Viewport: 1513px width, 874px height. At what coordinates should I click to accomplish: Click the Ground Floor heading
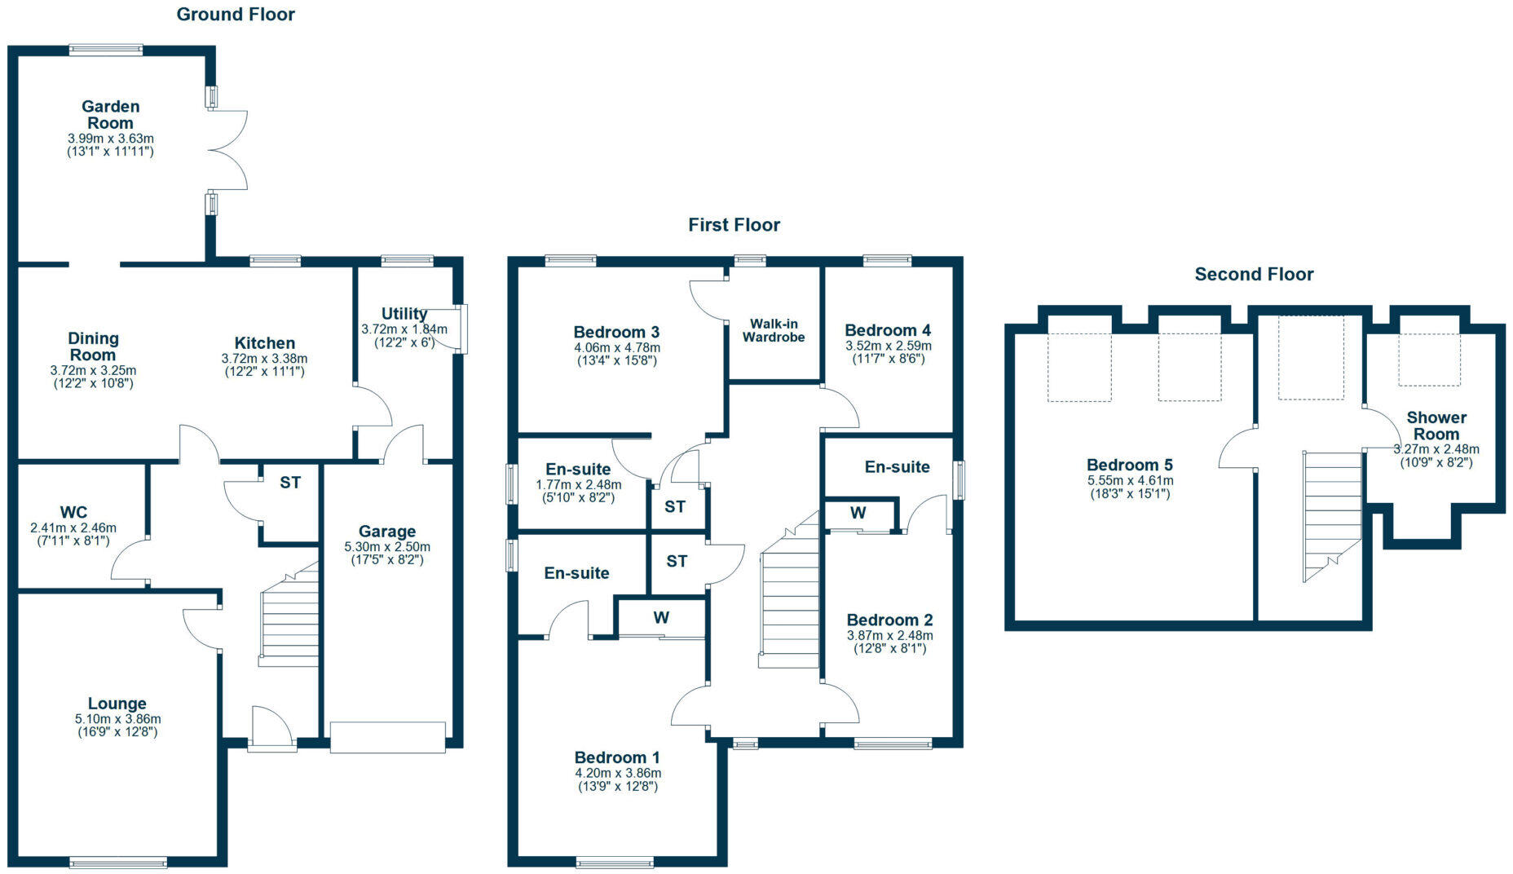tap(236, 14)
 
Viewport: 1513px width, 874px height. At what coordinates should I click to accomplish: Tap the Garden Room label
tap(110, 114)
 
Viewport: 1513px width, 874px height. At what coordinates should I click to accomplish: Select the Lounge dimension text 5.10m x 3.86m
tap(117, 719)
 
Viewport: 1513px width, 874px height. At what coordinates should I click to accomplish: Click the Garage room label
tap(387, 531)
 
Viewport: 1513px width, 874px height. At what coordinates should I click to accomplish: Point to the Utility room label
tap(404, 313)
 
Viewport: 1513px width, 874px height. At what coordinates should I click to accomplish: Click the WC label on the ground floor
tap(73, 512)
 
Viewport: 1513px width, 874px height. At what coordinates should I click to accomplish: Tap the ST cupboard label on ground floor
tap(290, 482)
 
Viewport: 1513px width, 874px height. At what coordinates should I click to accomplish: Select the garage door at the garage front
tap(387, 737)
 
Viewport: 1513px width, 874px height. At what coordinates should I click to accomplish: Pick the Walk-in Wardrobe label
tap(773, 330)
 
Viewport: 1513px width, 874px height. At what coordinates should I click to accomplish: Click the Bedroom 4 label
tap(888, 330)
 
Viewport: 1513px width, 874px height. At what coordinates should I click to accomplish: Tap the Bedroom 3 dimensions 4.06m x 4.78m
tap(616, 347)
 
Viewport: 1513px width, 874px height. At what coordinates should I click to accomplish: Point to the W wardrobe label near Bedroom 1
tap(661, 617)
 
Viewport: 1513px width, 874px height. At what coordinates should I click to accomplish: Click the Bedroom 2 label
tap(889, 620)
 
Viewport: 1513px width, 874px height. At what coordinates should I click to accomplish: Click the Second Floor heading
tap(1254, 274)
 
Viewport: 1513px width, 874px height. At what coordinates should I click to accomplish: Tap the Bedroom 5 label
tap(1129, 465)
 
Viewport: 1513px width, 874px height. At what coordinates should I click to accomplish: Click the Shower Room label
tap(1436, 426)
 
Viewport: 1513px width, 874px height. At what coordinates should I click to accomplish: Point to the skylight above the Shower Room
tap(1430, 359)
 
